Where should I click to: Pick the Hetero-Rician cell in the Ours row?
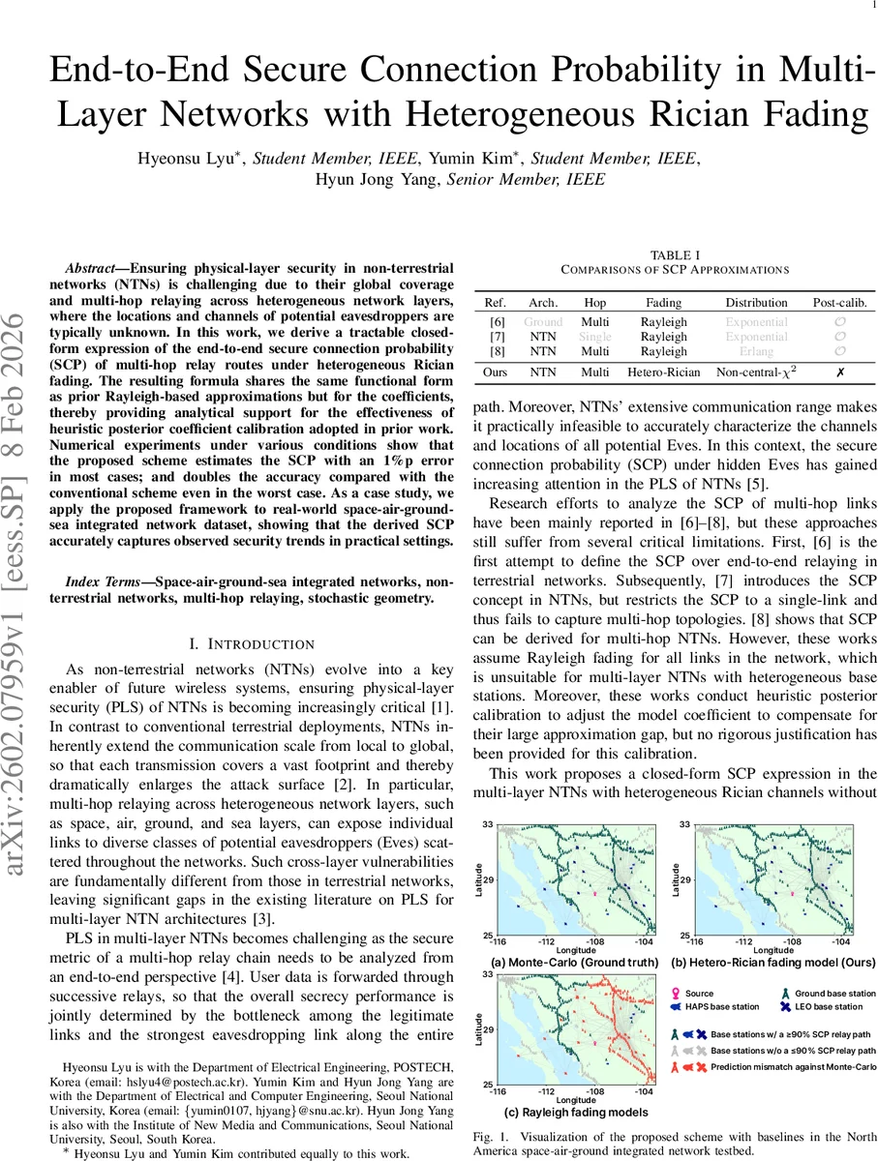pyautogui.click(x=664, y=372)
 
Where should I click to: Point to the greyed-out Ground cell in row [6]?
pyautogui.click(x=542, y=321)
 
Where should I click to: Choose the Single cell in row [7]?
pyautogui.click(x=594, y=337)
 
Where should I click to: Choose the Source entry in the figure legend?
pyautogui.click(x=699, y=994)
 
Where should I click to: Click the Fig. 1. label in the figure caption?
pyautogui.click(x=490, y=1135)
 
